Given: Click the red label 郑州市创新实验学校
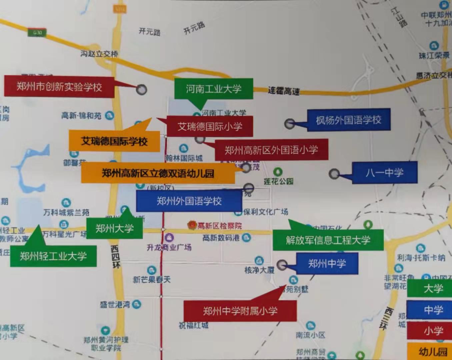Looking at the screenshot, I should [59, 87].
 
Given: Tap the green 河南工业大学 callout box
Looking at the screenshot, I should [213, 89].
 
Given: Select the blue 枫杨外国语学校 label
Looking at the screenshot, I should [348, 120].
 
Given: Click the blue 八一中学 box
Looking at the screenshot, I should [384, 172].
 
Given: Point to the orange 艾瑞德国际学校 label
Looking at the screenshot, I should [114, 141].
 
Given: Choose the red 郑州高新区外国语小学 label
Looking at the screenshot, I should [271, 150].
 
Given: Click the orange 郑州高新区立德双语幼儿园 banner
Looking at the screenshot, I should [158, 173].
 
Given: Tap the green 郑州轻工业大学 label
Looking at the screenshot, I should [53, 256].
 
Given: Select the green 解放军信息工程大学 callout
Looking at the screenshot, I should [328, 240].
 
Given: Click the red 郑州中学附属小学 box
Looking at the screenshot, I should [240, 311].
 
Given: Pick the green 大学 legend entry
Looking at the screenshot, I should [433, 289].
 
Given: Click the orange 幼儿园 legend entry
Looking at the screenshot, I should [433, 352].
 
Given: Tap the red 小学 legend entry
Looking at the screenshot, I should [433, 331].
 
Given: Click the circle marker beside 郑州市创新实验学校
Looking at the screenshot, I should [142, 89].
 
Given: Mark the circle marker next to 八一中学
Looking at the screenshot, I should [334, 173].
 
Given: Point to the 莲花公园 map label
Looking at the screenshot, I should [278, 181].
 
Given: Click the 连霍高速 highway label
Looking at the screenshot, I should [283, 91].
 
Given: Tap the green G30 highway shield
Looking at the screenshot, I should [37, 33].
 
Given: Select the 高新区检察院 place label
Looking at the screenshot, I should [219, 226].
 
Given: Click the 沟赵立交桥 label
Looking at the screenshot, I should [99, 53].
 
